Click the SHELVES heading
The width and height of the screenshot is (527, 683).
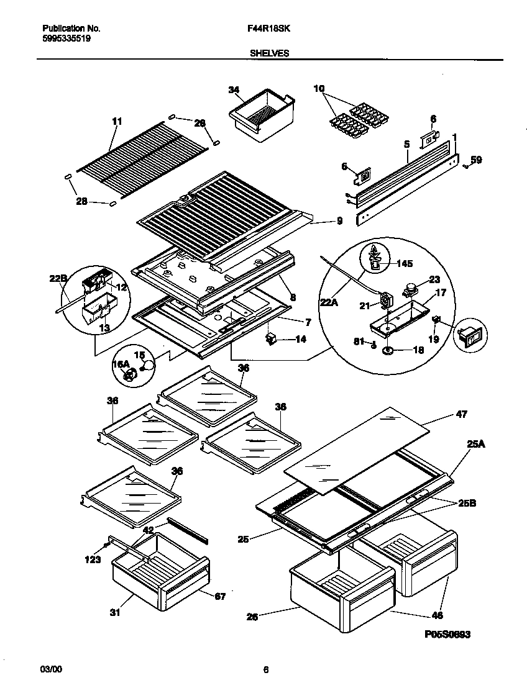coord(269,53)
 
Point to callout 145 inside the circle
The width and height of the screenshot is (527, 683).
coord(404,264)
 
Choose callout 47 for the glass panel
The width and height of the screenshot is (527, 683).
coord(461,414)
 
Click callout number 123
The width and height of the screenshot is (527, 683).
coord(91,558)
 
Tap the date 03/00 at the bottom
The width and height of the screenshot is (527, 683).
coord(51,669)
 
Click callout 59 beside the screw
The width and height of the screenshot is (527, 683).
coord(476,160)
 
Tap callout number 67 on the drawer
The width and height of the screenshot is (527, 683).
coord(221,597)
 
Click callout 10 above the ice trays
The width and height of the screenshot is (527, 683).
coord(319,89)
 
